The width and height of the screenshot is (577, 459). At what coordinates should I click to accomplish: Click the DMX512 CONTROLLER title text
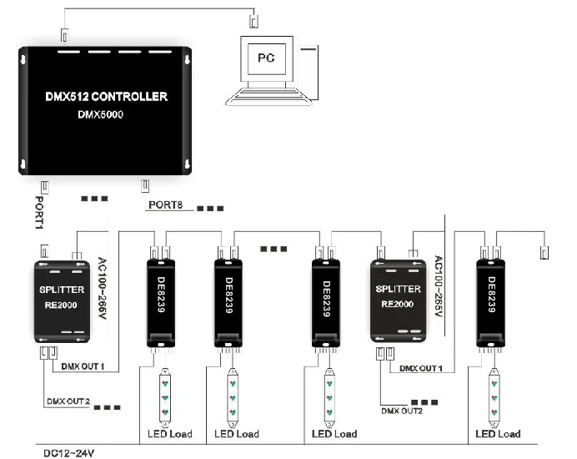coord(106,97)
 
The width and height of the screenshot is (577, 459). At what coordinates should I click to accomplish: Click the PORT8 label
coord(165,204)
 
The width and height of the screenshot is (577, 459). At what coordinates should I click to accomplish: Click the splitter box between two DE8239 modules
coord(403,300)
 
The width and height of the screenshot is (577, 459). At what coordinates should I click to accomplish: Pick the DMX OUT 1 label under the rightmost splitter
coord(420,368)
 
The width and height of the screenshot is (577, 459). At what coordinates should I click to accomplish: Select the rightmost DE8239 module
coord(491,299)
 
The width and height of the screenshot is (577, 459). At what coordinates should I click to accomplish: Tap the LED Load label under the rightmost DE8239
coord(498,434)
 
